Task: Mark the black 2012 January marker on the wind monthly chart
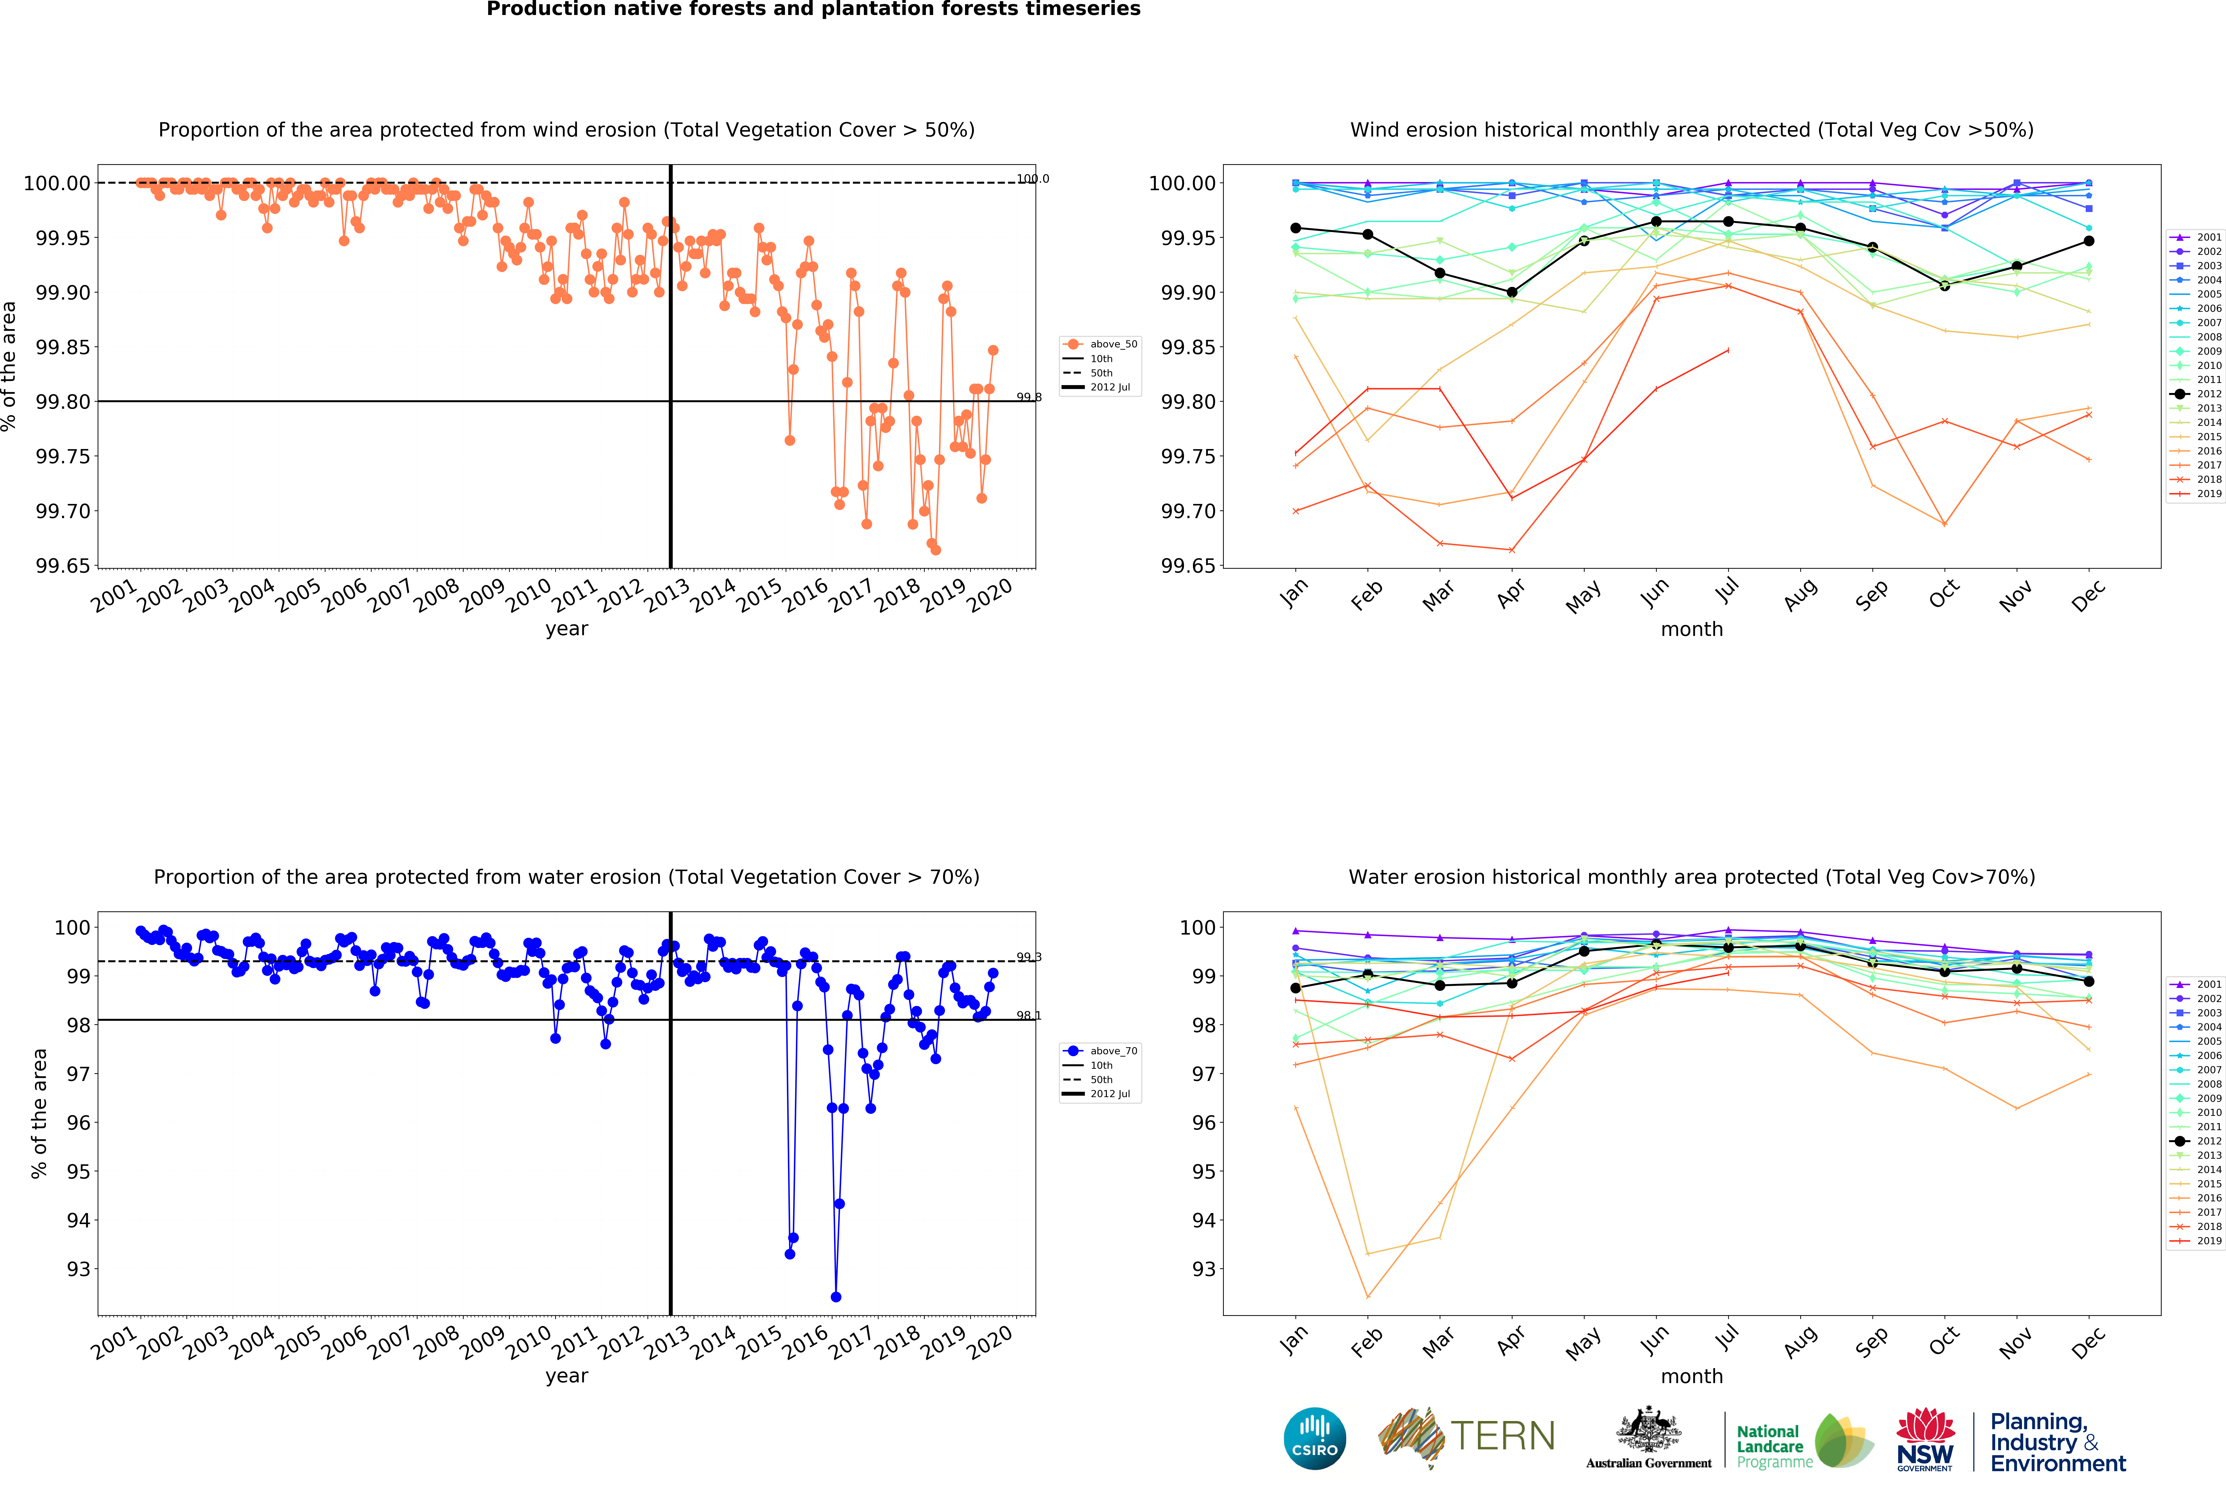point(1295,228)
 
